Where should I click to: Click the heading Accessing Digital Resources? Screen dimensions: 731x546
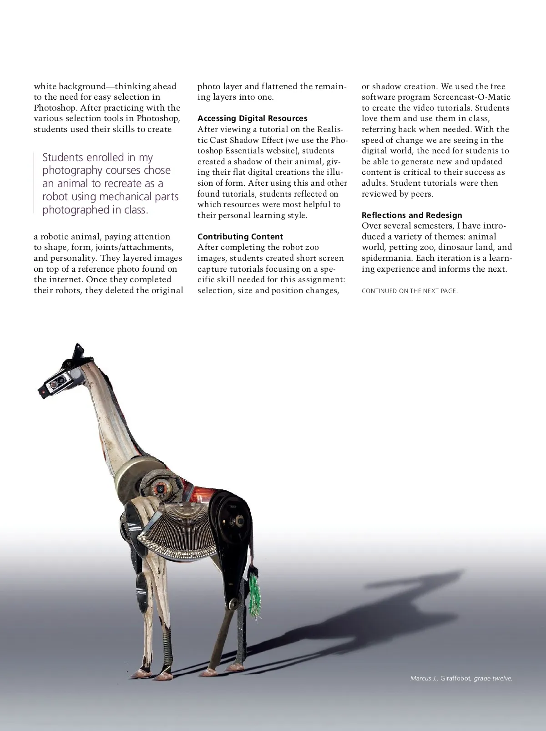click(252, 118)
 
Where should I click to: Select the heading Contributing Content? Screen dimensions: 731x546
click(240, 237)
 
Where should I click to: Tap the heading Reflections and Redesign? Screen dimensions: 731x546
click(411, 215)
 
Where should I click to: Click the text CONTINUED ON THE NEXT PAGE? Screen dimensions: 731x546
click(409, 291)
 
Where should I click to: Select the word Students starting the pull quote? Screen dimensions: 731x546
click(63, 157)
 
